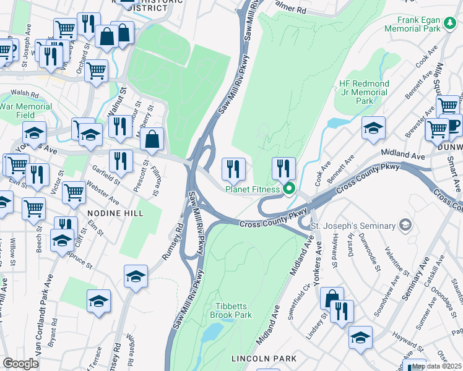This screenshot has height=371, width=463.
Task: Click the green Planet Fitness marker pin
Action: click(288, 189)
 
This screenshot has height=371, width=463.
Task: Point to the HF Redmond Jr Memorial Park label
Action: click(364, 92)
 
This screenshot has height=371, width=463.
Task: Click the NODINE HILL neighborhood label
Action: click(115, 213)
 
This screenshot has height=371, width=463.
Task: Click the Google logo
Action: click(20, 363)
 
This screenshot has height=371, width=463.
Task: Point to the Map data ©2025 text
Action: click(436, 366)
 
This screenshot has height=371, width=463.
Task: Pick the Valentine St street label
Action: click(396, 263)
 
